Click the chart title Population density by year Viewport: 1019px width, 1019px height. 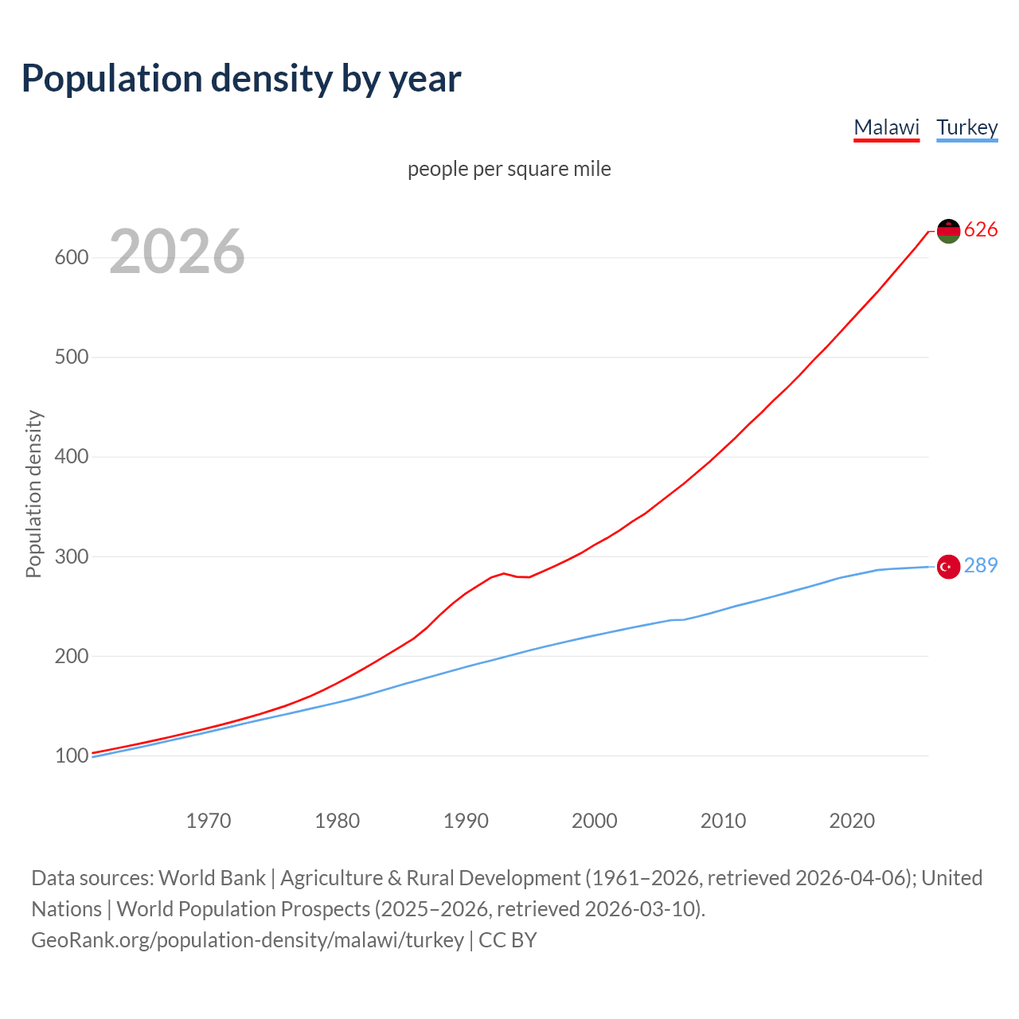[241, 79]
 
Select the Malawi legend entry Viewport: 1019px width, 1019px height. [886, 127]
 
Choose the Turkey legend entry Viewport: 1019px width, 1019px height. [966, 127]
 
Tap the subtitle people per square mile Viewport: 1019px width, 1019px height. [509, 169]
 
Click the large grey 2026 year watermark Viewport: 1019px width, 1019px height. [177, 252]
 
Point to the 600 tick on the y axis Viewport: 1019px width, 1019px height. [72, 258]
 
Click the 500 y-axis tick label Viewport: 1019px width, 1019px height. [72, 357]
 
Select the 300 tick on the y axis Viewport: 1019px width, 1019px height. [72, 556]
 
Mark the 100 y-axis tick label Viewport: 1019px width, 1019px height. [72, 755]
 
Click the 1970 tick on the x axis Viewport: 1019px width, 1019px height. [209, 821]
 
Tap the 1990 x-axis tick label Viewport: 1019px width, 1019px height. [466, 821]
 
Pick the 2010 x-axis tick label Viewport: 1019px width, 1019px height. [723, 821]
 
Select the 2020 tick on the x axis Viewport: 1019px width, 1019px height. [852, 821]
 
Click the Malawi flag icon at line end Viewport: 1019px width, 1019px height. [948, 231]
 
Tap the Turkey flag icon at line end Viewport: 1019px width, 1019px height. [948, 567]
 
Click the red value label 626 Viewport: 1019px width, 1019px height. [981, 230]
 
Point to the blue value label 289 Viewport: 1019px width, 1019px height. [981, 566]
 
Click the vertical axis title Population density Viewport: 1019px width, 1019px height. [33, 494]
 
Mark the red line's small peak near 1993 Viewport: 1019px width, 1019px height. [504, 573]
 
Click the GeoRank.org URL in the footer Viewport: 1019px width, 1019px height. [248, 940]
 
